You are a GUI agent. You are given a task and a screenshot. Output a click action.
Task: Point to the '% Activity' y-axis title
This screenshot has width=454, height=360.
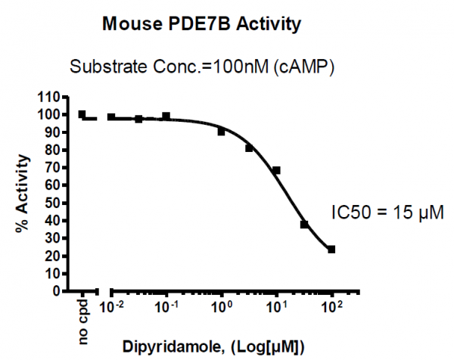(x=26, y=194)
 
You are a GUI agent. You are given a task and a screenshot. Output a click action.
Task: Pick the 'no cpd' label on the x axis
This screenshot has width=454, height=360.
(x=84, y=321)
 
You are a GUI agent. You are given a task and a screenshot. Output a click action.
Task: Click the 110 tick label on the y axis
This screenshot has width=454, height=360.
(x=48, y=97)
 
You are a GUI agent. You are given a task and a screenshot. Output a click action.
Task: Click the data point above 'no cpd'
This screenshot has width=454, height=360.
(x=82, y=115)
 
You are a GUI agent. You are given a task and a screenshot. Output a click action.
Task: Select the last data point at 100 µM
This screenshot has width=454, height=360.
(x=331, y=249)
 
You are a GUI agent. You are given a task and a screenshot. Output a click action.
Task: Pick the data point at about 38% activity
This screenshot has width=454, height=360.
(x=304, y=225)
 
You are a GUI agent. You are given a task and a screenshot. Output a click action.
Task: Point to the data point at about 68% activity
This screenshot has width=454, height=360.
(x=277, y=170)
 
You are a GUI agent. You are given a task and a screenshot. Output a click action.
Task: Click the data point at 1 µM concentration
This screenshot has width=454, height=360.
(x=222, y=132)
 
